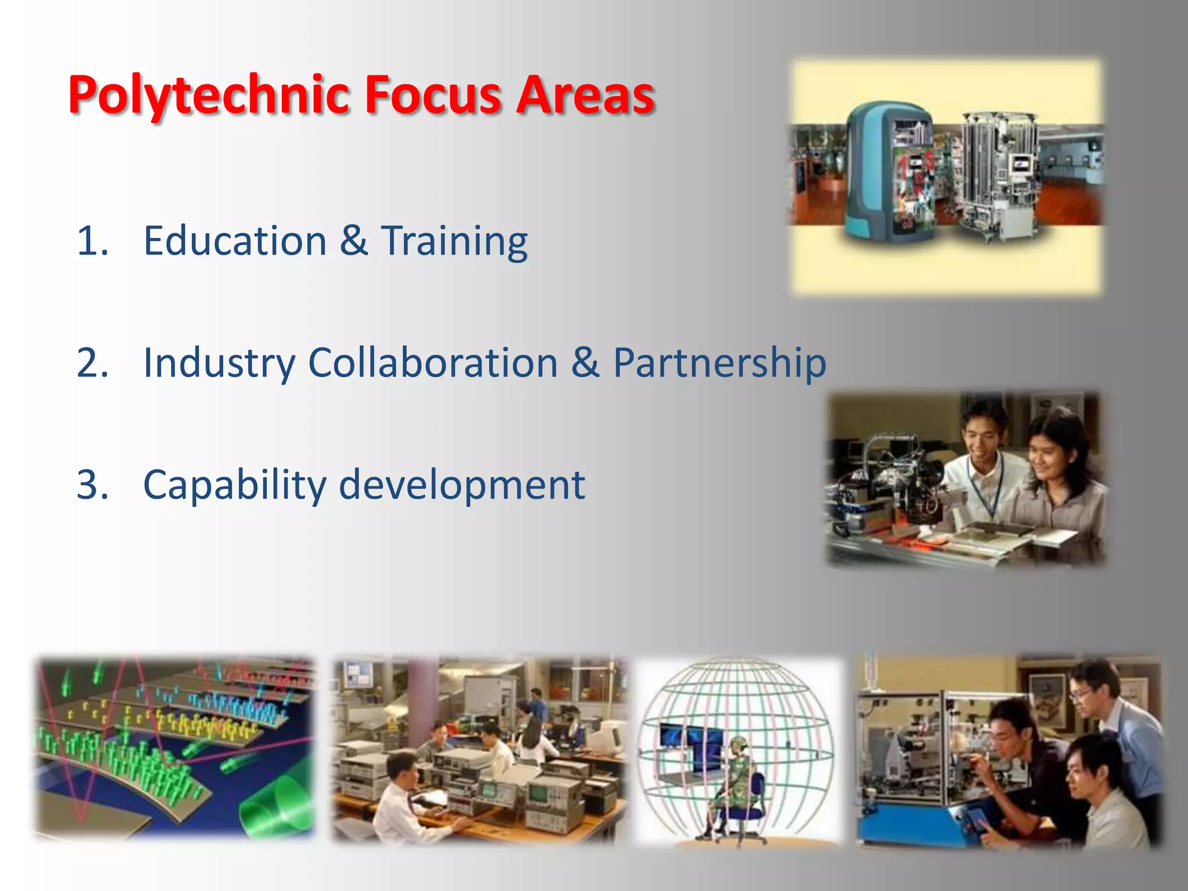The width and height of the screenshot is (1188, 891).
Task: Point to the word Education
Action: tap(235, 241)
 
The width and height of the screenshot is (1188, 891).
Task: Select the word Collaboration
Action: tap(433, 363)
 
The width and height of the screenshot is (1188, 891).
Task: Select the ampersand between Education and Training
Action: tap(354, 241)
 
